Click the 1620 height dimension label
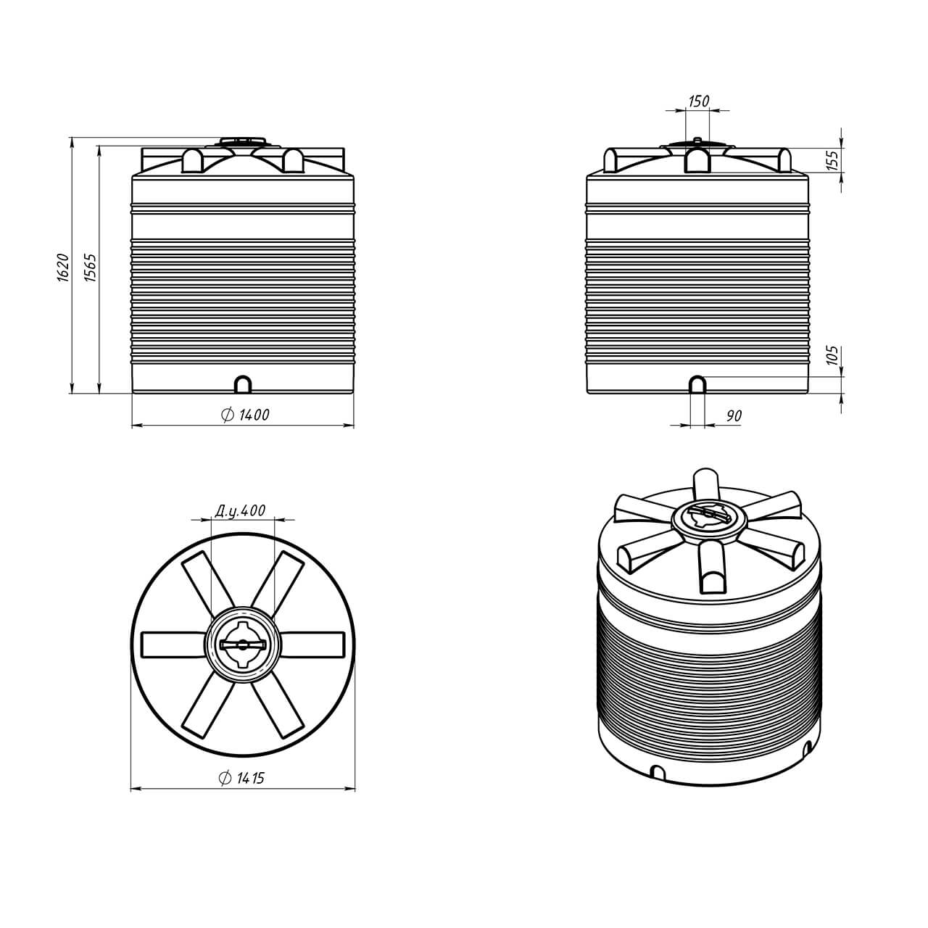point(64,267)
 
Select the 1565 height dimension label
point(90,267)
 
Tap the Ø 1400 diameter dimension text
point(245,414)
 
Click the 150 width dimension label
point(698,101)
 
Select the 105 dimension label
point(833,355)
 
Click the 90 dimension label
point(734,415)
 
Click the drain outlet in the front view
point(243,384)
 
